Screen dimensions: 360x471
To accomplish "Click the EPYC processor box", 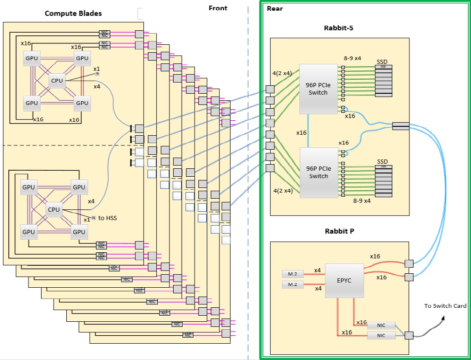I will click(x=344, y=281).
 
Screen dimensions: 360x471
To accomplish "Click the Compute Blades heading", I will click(x=73, y=13).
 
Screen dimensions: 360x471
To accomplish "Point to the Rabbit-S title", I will click(x=338, y=28).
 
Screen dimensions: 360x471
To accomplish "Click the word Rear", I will click(x=275, y=8).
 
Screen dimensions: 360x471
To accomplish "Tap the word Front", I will click(x=218, y=8).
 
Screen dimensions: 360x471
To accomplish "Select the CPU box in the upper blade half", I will click(x=57, y=80).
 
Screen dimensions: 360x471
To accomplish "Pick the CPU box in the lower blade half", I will click(x=54, y=209).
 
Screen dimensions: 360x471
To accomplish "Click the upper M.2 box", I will click(x=293, y=273).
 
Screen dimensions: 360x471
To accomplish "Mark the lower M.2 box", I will click(x=293, y=284).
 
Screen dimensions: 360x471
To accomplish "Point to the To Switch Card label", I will click(x=445, y=306).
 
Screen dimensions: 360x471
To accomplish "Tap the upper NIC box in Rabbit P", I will click(x=381, y=325).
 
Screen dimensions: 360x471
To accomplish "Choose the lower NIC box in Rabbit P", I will click(x=381, y=335).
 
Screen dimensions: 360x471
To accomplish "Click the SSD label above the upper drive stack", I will click(x=382, y=62).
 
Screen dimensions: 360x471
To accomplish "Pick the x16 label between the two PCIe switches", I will click(x=302, y=132).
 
